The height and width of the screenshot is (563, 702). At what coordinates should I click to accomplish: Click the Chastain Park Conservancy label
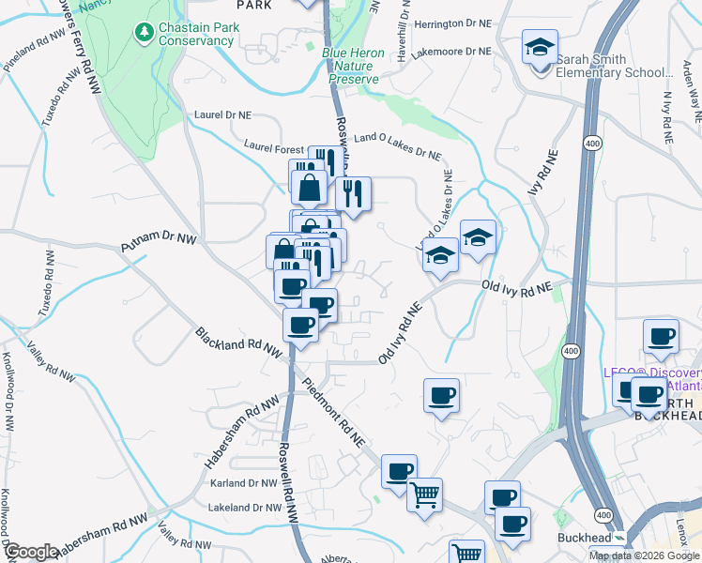(195, 35)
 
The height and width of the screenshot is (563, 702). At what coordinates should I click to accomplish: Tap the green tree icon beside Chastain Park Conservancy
(144, 34)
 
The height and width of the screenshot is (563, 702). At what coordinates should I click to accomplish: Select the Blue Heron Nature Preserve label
(354, 67)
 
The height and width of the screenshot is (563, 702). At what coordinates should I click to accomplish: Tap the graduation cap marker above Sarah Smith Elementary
(541, 49)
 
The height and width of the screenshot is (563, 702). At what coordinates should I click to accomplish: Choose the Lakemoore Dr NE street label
(451, 53)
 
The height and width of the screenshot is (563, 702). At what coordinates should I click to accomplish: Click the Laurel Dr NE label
(223, 114)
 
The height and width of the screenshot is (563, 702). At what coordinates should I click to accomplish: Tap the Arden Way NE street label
(696, 99)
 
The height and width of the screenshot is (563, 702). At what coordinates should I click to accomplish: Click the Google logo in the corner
(31, 552)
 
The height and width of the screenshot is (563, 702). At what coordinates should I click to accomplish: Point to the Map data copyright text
(643, 555)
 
